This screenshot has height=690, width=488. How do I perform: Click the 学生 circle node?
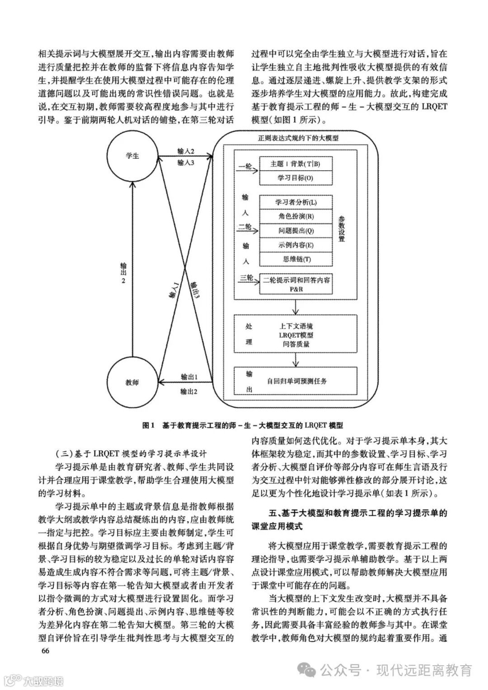[132, 155]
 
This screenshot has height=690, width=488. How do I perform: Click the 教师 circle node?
[132, 382]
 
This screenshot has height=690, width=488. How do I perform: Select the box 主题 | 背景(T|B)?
[295, 164]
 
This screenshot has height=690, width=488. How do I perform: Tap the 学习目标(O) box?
[295, 178]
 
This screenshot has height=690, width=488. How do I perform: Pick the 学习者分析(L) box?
[296, 201]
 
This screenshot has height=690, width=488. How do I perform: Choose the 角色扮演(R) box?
[296, 216]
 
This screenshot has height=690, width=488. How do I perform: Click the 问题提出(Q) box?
[296, 230]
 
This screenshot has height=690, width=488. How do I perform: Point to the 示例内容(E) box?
[296, 245]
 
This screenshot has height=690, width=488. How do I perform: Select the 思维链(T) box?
[296, 259]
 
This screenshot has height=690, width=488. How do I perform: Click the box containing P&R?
[296, 284]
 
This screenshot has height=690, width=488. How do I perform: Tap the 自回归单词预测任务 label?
[296, 381]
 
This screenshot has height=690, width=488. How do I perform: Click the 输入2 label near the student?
[186, 151]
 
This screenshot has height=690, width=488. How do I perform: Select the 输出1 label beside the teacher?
[189, 377]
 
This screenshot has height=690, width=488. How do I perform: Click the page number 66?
[45, 650]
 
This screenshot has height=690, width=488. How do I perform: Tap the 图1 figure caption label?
[149, 425]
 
